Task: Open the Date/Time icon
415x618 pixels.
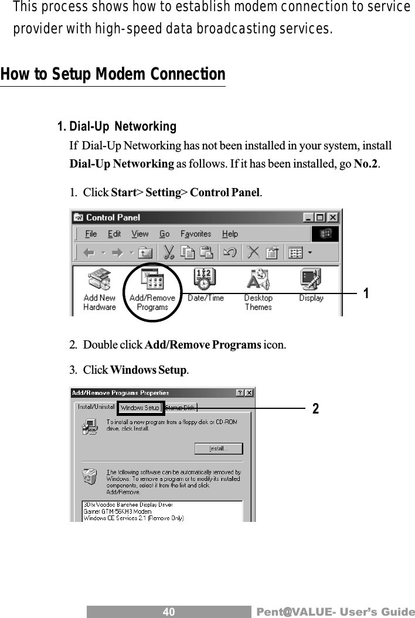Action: tap(205, 286)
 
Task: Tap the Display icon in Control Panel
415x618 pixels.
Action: tap(311, 286)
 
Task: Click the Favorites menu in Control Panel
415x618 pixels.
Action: tap(195, 234)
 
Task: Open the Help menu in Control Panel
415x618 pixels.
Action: tap(230, 234)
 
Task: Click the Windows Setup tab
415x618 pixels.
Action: tap(140, 408)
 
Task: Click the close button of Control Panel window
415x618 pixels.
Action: tap(333, 217)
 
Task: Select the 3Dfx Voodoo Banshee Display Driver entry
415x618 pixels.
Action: tap(128, 504)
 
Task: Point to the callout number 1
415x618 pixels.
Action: tap(366, 293)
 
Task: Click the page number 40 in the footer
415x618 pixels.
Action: tap(169, 612)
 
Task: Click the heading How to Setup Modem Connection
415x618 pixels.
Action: tap(113, 75)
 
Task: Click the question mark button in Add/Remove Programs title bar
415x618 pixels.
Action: tap(240, 392)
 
